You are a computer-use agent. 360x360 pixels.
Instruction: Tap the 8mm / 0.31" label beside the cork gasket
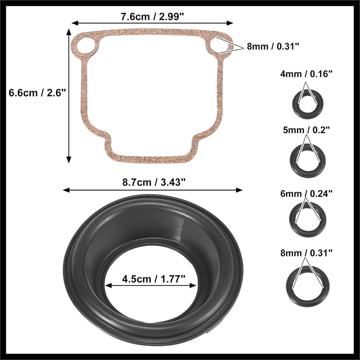tap(273, 46)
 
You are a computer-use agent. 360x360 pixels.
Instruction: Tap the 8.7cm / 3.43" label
tap(153, 182)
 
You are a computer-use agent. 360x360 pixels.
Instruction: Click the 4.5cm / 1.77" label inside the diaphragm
tap(154, 279)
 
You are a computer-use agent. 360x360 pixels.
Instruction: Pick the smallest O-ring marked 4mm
tap(307, 104)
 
